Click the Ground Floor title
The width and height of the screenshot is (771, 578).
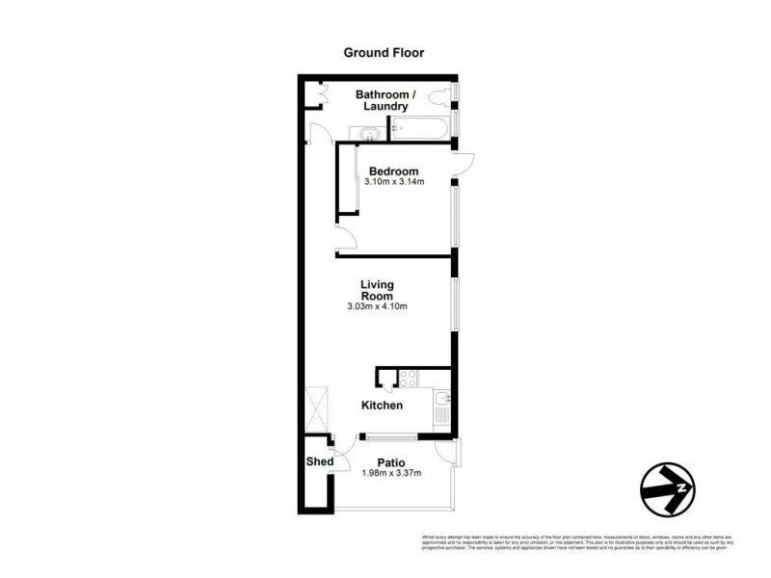[x=384, y=53]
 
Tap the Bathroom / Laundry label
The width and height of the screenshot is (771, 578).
[x=385, y=100]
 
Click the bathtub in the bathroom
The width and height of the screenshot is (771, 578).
[x=421, y=130]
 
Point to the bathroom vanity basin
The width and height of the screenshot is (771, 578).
[x=370, y=133]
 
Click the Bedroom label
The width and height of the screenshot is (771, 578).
[x=393, y=171]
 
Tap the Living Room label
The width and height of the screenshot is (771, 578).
[x=378, y=290]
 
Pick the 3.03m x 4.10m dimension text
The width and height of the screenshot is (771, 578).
[x=378, y=307]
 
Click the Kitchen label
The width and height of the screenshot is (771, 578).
[x=382, y=406]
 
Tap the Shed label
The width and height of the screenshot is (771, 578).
[x=320, y=462]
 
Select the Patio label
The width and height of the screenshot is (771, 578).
[x=390, y=461]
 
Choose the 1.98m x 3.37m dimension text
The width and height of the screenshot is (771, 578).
[x=390, y=472]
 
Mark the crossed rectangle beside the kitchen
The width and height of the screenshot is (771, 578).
[x=316, y=410]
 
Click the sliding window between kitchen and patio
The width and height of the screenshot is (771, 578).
[x=385, y=436]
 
